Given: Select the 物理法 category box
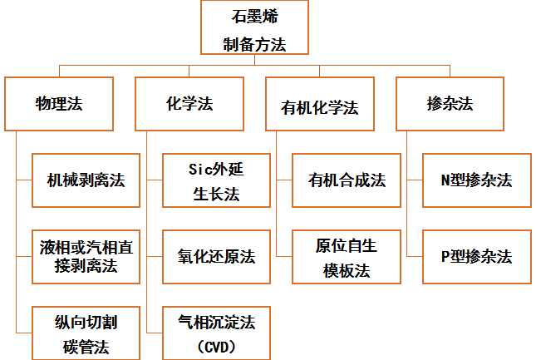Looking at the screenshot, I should tap(58, 104).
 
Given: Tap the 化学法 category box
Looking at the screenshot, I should tap(189, 104).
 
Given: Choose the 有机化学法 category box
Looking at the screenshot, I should tap(320, 106).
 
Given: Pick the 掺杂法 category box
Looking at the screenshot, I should tap(450, 104).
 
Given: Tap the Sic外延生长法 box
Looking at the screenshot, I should tap(215, 180).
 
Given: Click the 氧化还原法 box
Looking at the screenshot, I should tap(215, 255).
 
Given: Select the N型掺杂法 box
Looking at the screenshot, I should tap(476, 180).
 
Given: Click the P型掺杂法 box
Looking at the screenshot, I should tap(476, 255).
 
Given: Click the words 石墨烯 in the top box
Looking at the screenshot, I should tap(254, 17).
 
